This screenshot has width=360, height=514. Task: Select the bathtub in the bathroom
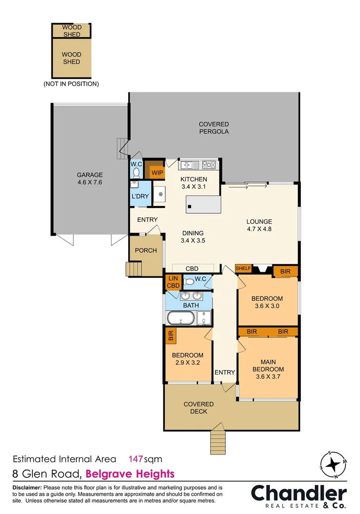pos(180,318)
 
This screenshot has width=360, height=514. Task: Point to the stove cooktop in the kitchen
pos(209,166)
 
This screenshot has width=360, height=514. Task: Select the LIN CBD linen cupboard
pos(172,282)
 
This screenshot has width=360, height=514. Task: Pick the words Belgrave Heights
pos(131,474)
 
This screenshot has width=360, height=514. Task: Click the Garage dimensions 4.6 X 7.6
pos(90,182)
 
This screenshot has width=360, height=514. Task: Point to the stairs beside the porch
pos(134,270)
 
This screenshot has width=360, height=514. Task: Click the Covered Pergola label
pos(214,128)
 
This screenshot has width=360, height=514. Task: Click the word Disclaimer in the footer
pos(26,488)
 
